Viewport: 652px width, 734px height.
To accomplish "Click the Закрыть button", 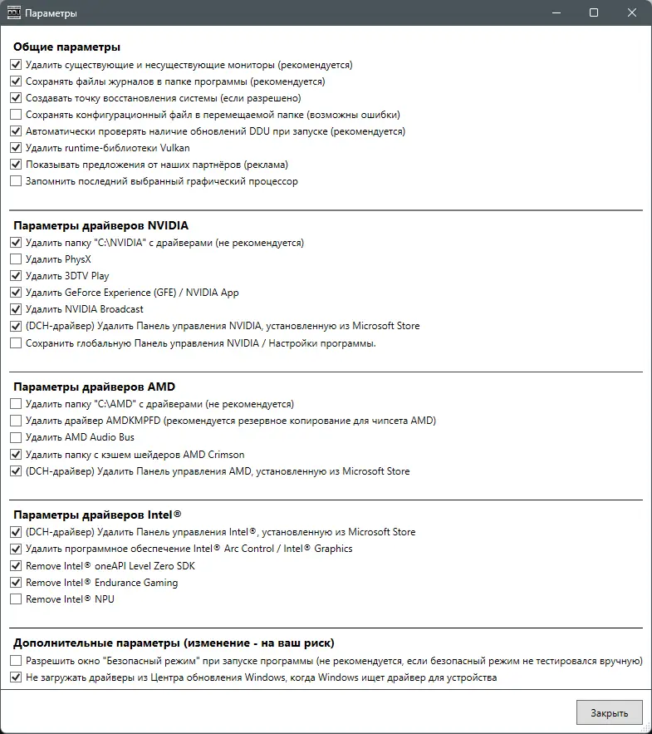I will pos(609,712).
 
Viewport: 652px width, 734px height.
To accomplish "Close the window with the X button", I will pos(633,13).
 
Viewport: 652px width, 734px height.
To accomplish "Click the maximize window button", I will pos(594,13).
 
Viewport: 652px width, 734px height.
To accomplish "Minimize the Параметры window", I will pos(555,13).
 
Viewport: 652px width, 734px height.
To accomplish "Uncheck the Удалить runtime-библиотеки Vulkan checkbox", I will pos(16,148).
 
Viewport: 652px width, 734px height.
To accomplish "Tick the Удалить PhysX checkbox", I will pos(16,259).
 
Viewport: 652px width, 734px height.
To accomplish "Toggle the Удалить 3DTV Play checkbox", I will pos(16,276).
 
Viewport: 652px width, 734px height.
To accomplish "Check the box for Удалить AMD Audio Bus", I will pos(16,437).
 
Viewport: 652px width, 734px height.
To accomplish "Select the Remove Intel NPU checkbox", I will pos(16,599).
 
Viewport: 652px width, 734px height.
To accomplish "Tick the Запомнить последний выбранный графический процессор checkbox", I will pos(16,181).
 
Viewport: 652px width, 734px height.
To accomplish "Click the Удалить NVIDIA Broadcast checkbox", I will pos(16,309).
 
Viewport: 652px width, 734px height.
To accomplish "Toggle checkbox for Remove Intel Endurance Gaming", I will pos(16,583).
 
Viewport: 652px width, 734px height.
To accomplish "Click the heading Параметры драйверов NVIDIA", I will pos(100,225).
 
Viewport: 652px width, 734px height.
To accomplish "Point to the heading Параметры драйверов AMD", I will pos(94,387).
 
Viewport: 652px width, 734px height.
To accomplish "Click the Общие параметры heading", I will pos(66,47).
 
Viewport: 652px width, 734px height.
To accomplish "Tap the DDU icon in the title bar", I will pos(13,13).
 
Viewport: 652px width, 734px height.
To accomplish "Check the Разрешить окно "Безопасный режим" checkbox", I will pos(16,661).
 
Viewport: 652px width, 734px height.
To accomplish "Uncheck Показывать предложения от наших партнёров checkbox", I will pos(16,165).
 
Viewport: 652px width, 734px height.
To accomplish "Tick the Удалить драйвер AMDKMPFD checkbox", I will pos(16,421).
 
